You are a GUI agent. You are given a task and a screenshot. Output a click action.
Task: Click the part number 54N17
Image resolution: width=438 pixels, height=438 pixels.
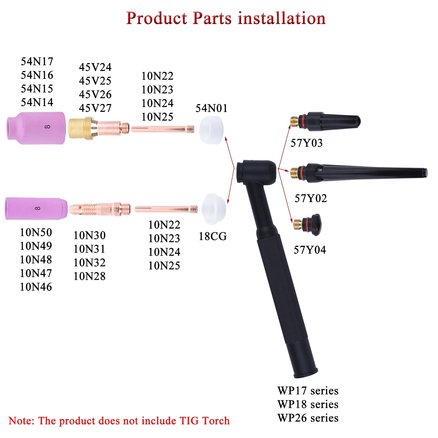coord(37,61)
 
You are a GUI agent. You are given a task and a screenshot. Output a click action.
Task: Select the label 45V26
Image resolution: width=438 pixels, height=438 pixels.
coord(95,94)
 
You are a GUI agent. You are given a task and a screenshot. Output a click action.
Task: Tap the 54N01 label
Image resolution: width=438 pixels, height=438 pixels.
coord(211,108)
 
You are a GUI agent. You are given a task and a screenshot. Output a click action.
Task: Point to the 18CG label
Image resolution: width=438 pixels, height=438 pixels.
coord(213,236)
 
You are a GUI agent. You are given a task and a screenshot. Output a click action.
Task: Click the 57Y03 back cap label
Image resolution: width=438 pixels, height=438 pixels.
coord(306,143)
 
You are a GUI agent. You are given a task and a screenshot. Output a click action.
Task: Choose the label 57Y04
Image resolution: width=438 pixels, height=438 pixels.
coord(310,250)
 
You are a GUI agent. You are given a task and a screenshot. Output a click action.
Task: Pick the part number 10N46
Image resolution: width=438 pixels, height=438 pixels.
coord(36,287)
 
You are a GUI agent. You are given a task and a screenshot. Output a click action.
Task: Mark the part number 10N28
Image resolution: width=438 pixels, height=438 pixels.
coord(90,276)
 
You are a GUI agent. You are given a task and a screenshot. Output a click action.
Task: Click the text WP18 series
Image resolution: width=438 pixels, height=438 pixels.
coord(308,404)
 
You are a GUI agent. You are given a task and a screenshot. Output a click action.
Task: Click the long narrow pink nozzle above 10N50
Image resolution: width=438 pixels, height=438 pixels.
coord(36,208)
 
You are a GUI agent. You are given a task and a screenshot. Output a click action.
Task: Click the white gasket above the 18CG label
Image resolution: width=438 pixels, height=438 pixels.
coord(214,209)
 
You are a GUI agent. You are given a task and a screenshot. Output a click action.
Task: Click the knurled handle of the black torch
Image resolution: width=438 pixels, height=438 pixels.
coord(282,290)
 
